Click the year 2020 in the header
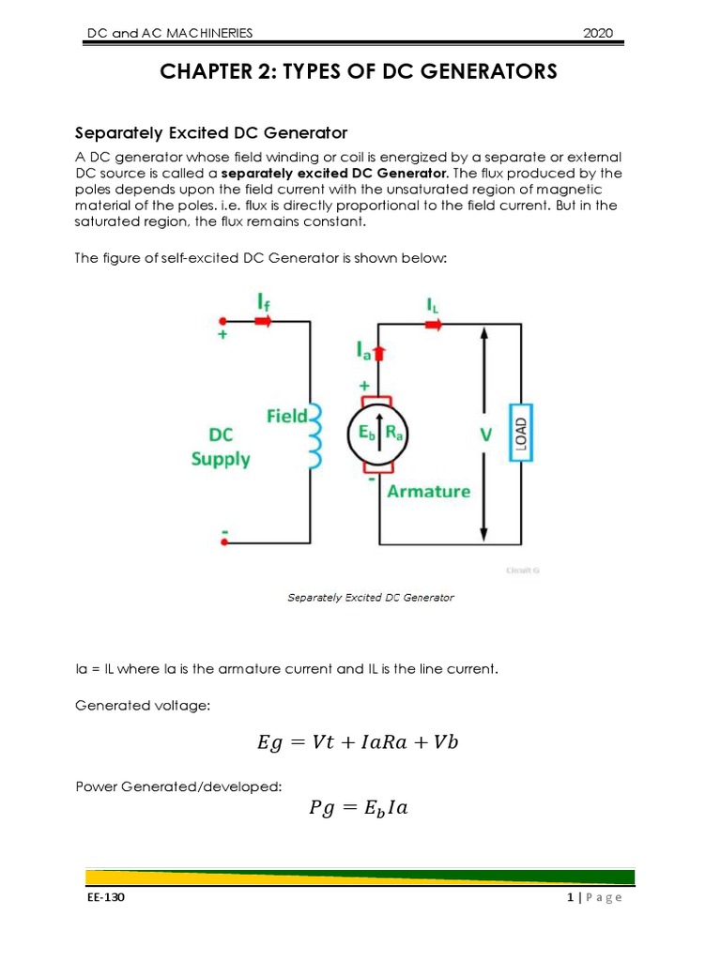(597, 34)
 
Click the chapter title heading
(360, 72)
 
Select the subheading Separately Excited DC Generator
(211, 131)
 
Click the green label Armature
(429, 491)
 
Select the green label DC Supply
(221, 448)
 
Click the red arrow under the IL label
(433, 325)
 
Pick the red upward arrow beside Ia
(380, 353)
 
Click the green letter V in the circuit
(484, 435)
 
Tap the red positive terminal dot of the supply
(223, 321)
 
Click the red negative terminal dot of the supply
(223, 542)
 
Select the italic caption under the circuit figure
(370, 598)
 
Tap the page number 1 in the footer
(570, 897)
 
